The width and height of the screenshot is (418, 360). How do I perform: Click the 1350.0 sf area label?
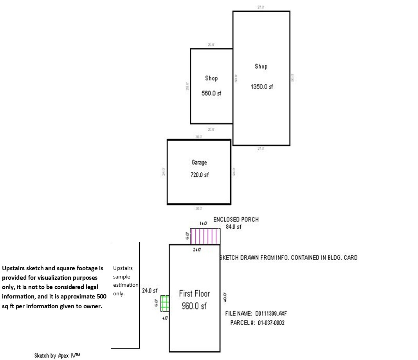[262, 87]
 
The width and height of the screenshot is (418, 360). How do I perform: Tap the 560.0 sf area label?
[211, 93]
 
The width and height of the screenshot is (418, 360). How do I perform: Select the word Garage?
[199, 162]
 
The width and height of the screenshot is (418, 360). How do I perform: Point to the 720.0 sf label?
[200, 175]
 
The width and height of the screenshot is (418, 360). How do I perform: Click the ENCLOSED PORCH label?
[236, 219]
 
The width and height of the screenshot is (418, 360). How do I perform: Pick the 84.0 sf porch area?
[234, 226]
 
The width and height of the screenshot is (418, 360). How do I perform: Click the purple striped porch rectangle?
[205, 236]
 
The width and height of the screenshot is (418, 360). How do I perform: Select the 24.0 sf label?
[150, 291]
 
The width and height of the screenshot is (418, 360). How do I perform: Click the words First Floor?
[194, 293]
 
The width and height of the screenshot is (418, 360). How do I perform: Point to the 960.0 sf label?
[194, 306]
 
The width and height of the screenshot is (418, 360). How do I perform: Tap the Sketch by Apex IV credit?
[57, 355]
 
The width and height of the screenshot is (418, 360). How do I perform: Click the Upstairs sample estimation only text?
[125, 281]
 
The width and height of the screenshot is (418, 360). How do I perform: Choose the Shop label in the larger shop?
[261, 66]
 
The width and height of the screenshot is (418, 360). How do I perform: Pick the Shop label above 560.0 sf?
[211, 78]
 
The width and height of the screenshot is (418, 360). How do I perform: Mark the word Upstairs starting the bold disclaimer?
[14, 268]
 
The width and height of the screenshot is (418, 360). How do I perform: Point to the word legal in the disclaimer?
[90, 287]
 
